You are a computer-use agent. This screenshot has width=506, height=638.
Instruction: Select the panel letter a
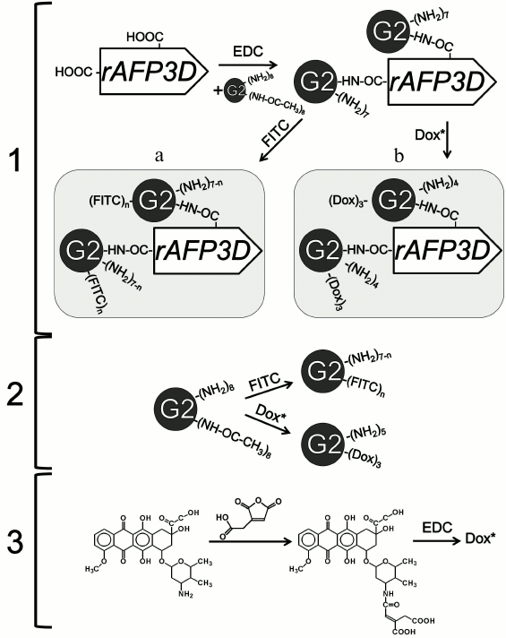coord(159,156)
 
